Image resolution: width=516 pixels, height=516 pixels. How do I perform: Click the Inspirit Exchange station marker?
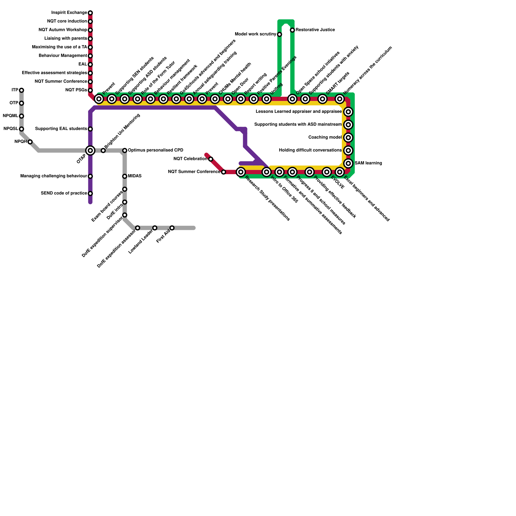pos(90,13)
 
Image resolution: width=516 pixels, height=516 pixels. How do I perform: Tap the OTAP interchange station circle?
pos(90,151)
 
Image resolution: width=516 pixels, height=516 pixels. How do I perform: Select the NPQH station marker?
pos(30,142)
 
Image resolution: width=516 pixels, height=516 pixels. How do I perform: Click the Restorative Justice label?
pos(315,30)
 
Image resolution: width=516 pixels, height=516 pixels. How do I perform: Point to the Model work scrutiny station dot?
pos(279,35)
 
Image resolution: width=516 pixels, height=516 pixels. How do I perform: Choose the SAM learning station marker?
pos(348,164)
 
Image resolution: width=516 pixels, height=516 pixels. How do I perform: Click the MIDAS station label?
pos(134,176)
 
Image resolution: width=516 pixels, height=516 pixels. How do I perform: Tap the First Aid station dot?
pos(172,228)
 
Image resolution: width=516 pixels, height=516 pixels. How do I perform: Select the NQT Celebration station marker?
pos(211,159)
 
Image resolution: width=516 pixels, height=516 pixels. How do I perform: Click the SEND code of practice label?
pos(64,193)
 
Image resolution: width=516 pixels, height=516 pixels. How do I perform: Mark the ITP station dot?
pos(21,90)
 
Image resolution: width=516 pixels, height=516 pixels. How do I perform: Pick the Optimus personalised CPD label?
pos(155,150)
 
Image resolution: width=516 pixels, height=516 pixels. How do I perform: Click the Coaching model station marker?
pos(348,138)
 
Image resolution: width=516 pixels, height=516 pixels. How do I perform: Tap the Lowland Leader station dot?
pos(155,228)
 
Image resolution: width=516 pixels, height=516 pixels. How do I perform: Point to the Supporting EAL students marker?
pos(90,129)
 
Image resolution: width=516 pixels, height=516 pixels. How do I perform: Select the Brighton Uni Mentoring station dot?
pos(103,151)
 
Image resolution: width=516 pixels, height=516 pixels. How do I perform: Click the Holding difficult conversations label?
pos(310,150)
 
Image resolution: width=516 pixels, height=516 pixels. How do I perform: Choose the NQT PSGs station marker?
pos(90,90)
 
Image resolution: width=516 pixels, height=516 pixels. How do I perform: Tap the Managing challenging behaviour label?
pos(54,176)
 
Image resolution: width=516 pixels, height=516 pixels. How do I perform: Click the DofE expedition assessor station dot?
pos(138,228)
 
